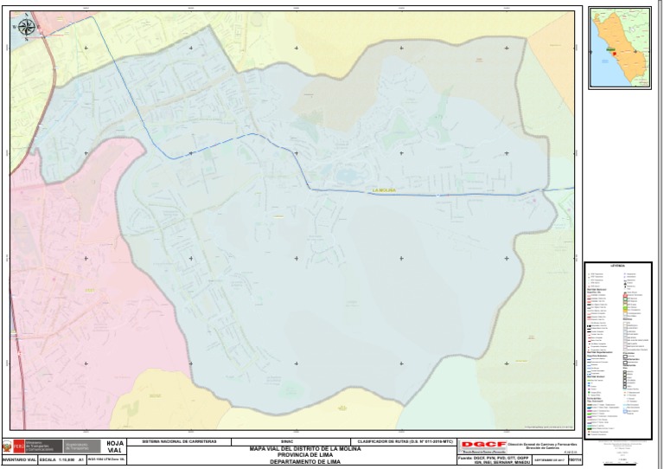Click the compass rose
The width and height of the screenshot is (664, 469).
pyautogui.click(x=26, y=28)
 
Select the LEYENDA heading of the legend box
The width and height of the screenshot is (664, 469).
pyautogui.click(x=618, y=267)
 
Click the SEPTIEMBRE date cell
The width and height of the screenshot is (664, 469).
pyautogui.click(x=550, y=459)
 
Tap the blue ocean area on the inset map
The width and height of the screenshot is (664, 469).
pyautogui.click(x=598, y=69)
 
